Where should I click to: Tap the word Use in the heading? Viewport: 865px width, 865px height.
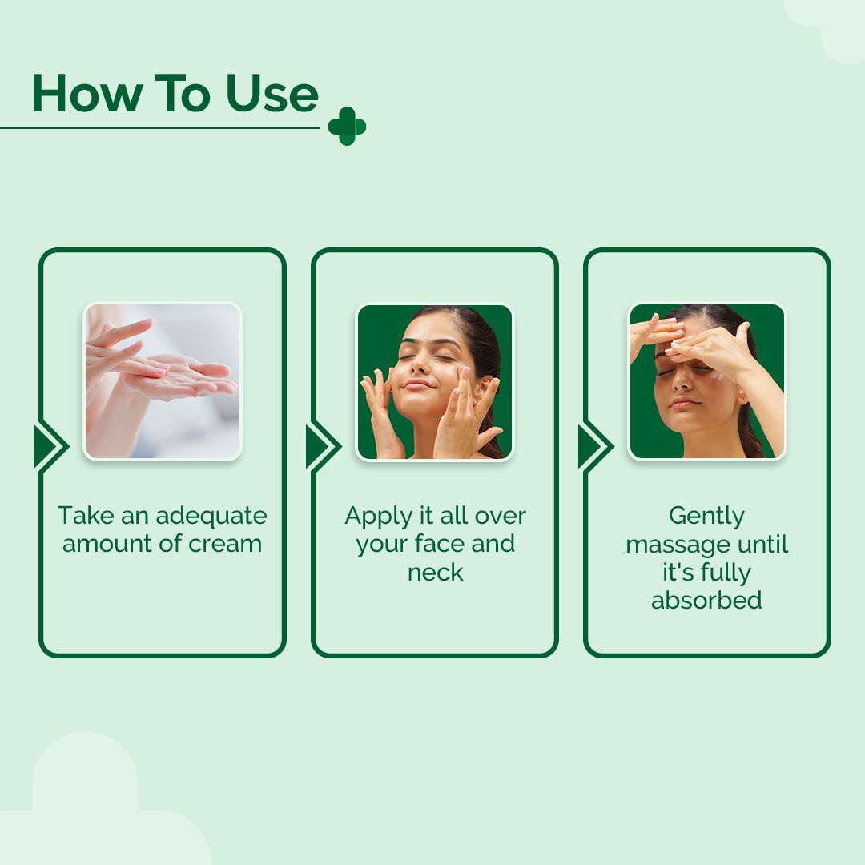click(272, 95)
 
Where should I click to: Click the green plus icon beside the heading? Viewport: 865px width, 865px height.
click(347, 127)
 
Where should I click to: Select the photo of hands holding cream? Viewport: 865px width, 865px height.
click(163, 381)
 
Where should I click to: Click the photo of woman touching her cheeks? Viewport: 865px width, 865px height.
click(435, 381)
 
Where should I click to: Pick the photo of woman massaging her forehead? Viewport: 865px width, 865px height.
click(706, 381)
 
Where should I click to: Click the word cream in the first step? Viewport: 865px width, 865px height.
click(225, 543)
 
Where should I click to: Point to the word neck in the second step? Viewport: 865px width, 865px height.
click(435, 572)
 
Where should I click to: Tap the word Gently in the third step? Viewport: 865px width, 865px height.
click(706, 517)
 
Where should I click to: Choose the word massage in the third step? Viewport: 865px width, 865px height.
click(674, 545)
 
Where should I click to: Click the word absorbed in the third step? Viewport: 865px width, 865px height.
click(706, 600)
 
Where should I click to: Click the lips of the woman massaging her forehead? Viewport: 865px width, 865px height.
click(683, 401)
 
